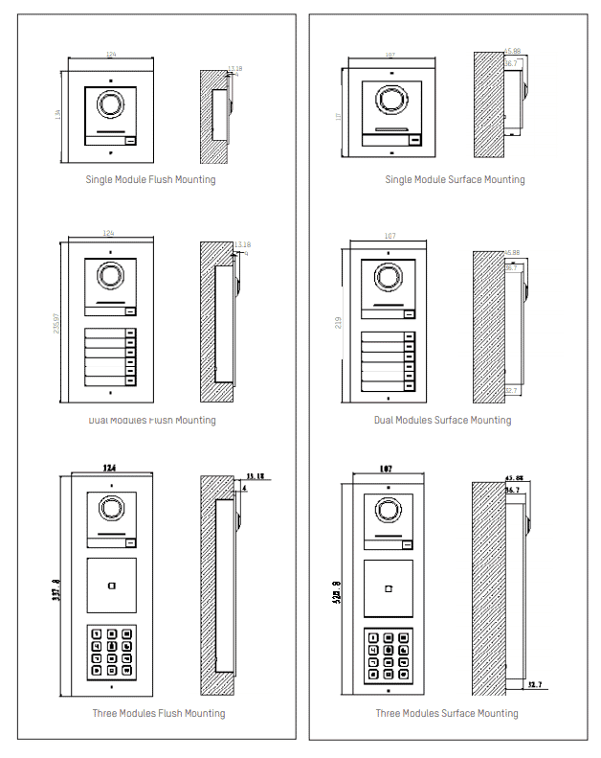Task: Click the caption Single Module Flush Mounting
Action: pos(150,179)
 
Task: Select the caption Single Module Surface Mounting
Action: pos(455,179)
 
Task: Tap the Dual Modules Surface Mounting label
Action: pos(442,420)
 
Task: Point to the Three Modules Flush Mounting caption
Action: pos(159,713)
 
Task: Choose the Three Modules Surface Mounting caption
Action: pos(446,713)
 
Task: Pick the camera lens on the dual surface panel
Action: pos(389,277)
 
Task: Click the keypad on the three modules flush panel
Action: pos(111,653)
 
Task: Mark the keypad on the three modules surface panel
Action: pos(388,655)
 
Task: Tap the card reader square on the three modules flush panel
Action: pos(111,586)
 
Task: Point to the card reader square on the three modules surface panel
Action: pos(388,587)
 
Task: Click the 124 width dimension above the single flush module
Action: pos(111,55)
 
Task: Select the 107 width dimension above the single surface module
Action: pos(390,55)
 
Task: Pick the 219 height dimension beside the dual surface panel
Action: pos(339,325)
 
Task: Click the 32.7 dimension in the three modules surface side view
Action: pos(535,685)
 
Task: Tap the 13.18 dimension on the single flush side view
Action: pos(235,69)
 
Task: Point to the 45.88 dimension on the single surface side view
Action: pos(512,51)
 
